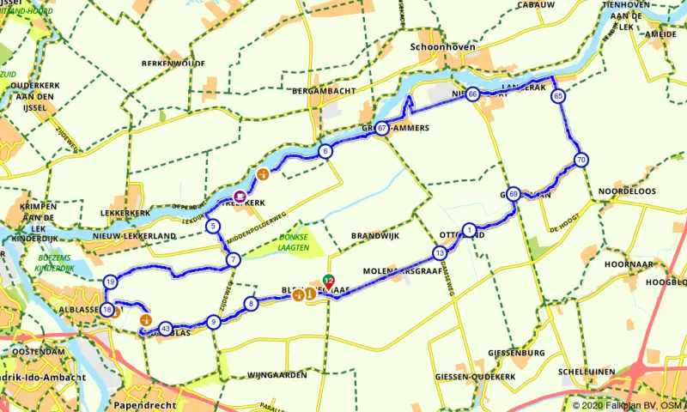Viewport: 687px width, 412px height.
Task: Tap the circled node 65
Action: [559, 96]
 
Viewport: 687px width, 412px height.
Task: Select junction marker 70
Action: [581, 160]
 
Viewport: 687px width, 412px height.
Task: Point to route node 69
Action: [513, 194]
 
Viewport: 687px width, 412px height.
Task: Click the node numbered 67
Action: [381, 128]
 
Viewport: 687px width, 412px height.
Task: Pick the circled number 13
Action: [440, 253]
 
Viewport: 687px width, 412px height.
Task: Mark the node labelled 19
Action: [110, 282]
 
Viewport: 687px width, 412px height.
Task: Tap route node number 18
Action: [107, 309]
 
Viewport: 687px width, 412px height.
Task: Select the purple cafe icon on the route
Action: [240, 197]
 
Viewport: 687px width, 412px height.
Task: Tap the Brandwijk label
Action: [376, 235]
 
